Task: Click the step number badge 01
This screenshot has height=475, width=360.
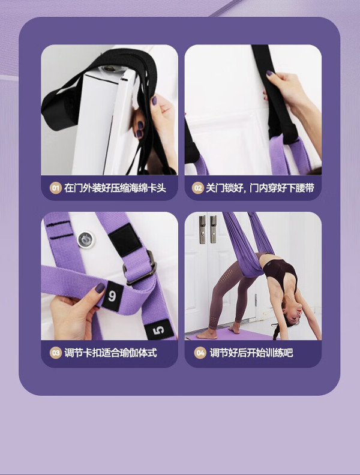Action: (x=55, y=188)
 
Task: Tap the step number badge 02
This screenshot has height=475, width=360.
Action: (x=197, y=188)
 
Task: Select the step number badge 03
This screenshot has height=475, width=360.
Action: (x=55, y=353)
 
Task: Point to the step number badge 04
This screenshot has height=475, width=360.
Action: (x=200, y=353)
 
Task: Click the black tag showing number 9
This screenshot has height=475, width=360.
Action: (x=112, y=296)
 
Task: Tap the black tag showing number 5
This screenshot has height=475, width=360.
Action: (x=158, y=330)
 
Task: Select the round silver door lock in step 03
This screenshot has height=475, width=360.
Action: (x=85, y=240)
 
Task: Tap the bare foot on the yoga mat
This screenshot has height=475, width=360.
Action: (x=207, y=335)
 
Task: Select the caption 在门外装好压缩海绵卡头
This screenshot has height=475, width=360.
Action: (x=115, y=188)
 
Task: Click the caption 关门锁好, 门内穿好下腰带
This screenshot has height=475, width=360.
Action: (x=260, y=188)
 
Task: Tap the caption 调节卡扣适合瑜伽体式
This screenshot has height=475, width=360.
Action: (x=110, y=353)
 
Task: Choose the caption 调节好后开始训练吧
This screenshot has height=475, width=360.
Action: (x=251, y=353)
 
